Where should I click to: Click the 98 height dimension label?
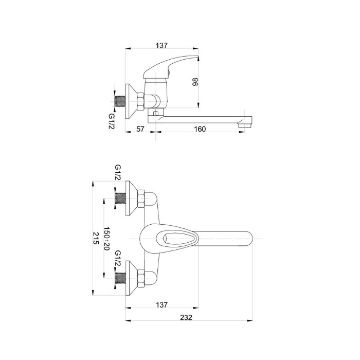click(x=195, y=82)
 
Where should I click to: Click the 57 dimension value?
click(x=140, y=129)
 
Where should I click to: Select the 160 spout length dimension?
click(x=200, y=129)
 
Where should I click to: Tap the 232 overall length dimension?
click(x=186, y=317)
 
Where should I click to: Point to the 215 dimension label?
click(x=96, y=238)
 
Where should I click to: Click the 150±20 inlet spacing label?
click(x=107, y=238)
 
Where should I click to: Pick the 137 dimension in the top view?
click(x=162, y=45)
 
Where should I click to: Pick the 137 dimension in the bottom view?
click(x=162, y=304)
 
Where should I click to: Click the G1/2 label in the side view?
click(x=112, y=121)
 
